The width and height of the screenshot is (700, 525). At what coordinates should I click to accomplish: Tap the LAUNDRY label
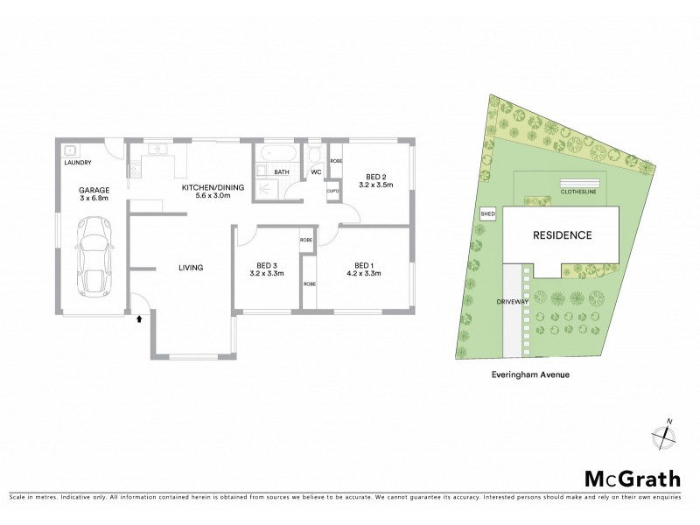pyautogui.click(x=80, y=164)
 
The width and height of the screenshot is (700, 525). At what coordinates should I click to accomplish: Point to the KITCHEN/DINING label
pyautogui.click(x=206, y=187)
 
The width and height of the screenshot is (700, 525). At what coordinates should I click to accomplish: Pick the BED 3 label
pyautogui.click(x=267, y=266)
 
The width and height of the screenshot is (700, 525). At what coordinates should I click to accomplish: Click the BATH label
pyautogui.click(x=282, y=172)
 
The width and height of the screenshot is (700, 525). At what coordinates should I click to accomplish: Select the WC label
pyautogui.click(x=316, y=172)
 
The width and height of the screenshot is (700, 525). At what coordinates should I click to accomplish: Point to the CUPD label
pyautogui.click(x=333, y=191)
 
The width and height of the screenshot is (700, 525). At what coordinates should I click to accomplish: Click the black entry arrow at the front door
pyautogui.click(x=137, y=319)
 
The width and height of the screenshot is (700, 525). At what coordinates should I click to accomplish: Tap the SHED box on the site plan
pyautogui.click(x=487, y=213)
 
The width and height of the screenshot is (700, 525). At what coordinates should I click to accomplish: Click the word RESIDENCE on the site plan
pyautogui.click(x=563, y=235)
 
